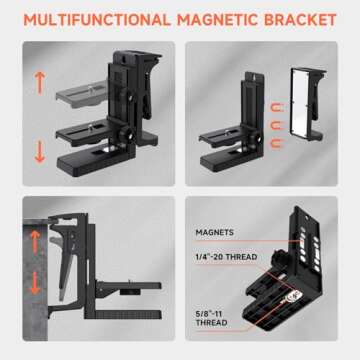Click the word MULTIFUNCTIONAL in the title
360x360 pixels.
pos(97,20)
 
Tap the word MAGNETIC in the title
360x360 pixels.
pos(217,20)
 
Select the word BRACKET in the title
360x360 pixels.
pos(300,20)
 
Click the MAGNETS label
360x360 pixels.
pos(215,232)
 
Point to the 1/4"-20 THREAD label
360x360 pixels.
pos(226,257)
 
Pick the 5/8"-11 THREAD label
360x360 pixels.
pos(211,319)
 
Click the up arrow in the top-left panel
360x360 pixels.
pos(40,84)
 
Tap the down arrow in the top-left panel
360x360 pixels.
pos(40,152)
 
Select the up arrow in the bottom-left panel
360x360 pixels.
pos(35,242)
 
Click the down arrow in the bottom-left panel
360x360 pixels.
pos(35,283)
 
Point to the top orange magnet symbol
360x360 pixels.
pos(278,108)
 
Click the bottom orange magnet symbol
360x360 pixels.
pos(278,145)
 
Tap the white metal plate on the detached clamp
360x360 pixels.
pos(302,103)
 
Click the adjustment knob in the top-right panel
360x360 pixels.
pos(258,137)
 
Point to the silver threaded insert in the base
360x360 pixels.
pos(293,295)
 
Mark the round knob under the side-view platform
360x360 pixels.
pos(127,292)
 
